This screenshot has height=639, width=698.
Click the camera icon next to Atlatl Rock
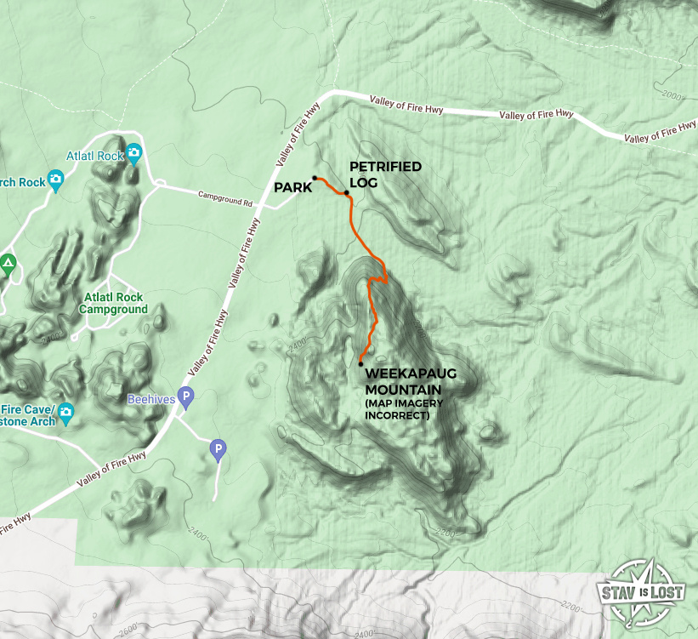(133, 154)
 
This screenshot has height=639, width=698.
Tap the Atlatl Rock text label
(94, 156)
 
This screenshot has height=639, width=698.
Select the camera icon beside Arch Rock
(55, 179)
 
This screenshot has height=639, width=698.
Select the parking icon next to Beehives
(186, 397)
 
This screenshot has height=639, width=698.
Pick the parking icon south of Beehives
(218, 448)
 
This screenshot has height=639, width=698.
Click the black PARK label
(292, 188)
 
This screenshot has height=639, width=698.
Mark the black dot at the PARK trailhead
(315, 178)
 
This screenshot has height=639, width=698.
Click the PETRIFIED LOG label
(385, 174)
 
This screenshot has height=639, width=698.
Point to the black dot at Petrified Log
(347, 193)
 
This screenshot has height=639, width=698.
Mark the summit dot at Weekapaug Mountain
(361, 363)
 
